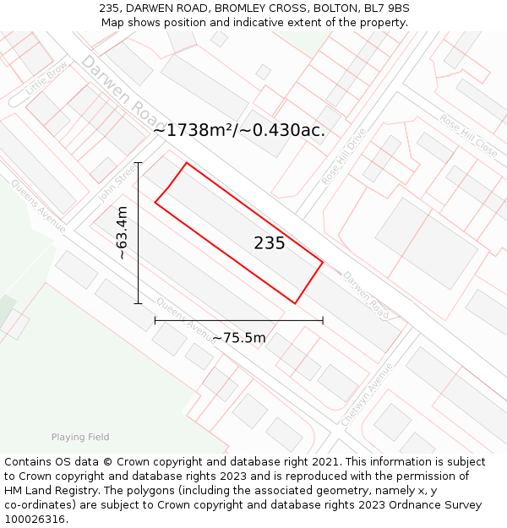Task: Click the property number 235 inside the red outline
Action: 270,243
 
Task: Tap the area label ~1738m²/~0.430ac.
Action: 239,130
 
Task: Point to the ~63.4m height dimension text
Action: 123,233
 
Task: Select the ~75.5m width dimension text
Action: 238,338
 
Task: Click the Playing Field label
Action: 80,437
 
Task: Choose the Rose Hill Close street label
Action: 468,135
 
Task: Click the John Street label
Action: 117,182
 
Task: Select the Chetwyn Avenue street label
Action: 368,394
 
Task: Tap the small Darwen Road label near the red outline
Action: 366,296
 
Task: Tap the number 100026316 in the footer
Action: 35,519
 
